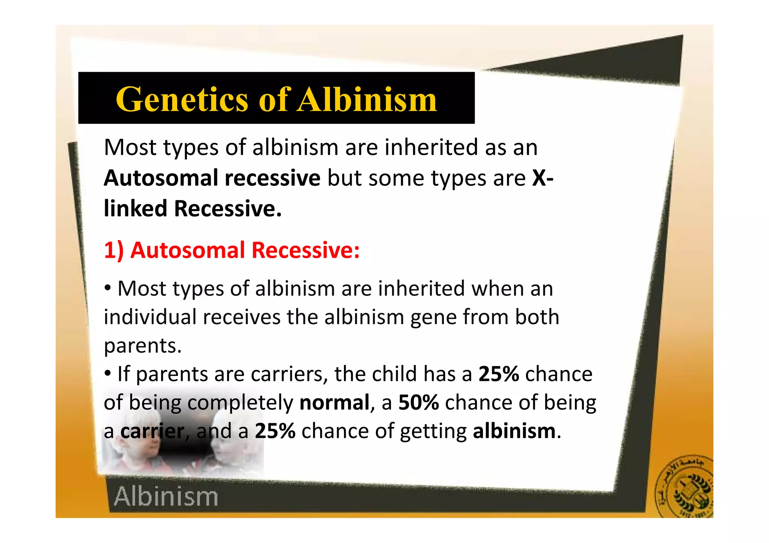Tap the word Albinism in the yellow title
pos(367,99)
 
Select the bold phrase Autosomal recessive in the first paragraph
pos(212,178)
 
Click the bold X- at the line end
pos(543,178)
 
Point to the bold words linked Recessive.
pos(192,209)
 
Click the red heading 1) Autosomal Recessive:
pos(232,250)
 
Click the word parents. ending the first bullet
pos(143,346)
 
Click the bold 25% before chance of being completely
pos(498,374)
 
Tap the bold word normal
pos(335,403)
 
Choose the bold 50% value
pos(418,403)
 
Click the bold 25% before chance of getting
pos(275,431)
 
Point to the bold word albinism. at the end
pos(516,431)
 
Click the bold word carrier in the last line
pos(152,431)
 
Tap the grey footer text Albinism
pos(166,497)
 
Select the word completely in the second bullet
pos(240,403)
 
